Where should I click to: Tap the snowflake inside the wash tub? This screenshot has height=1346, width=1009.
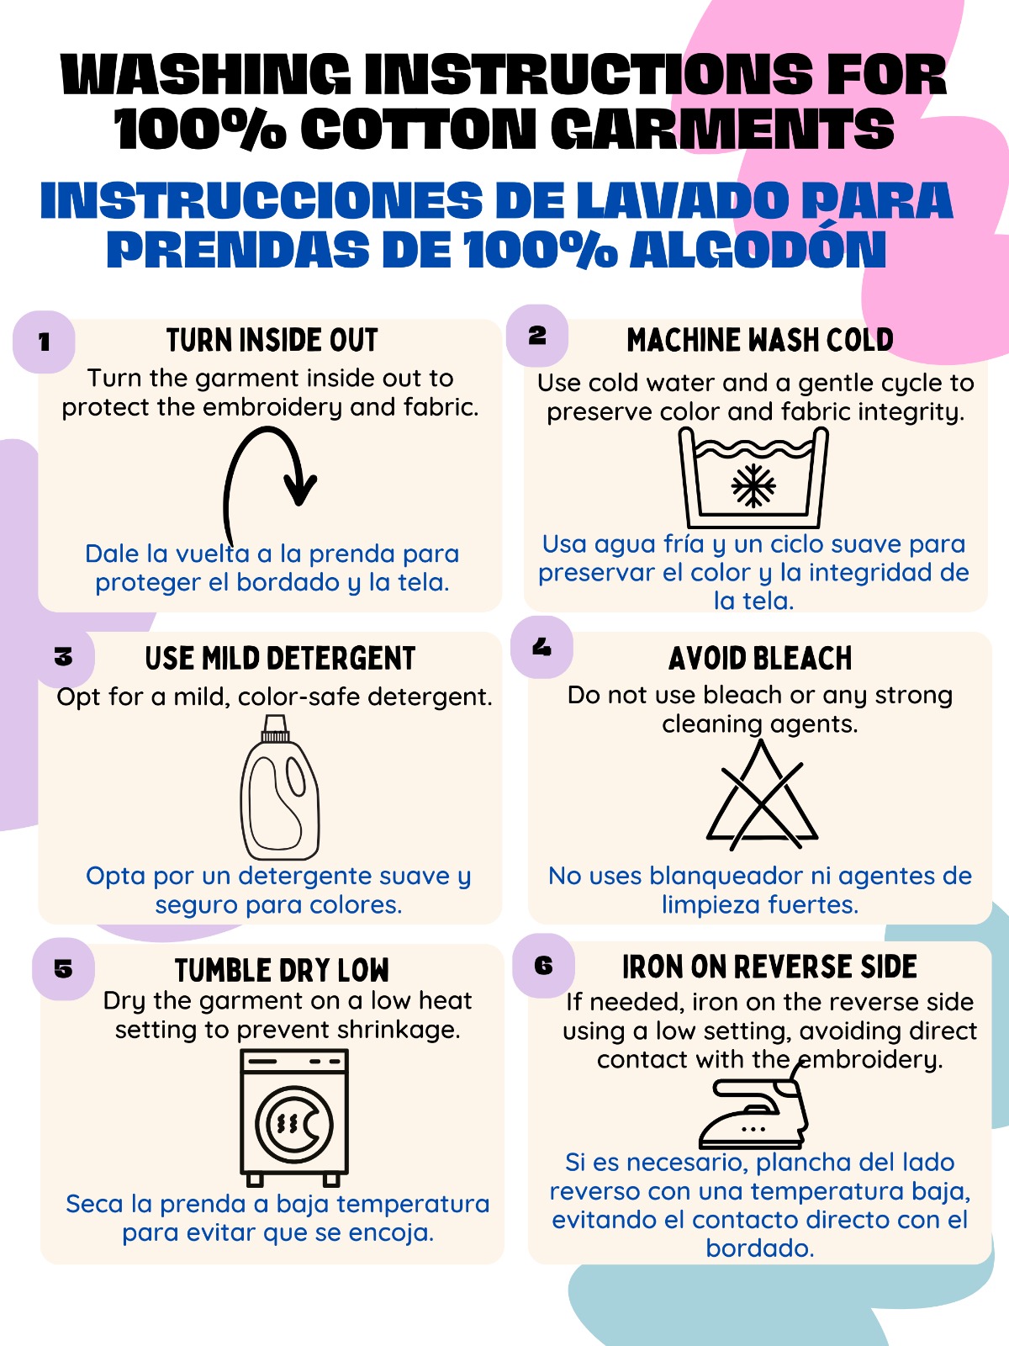[x=753, y=485]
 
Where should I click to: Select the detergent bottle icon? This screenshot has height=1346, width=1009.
[x=280, y=787]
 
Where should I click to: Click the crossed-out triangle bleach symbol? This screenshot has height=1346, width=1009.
[x=762, y=795]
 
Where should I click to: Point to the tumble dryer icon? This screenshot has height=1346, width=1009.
[x=294, y=1118]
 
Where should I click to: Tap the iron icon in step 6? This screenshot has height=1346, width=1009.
[x=753, y=1112]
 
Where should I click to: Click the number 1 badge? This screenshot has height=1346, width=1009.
[x=44, y=342]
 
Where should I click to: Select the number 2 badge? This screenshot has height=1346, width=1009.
[x=537, y=336]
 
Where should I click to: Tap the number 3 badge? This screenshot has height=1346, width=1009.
[x=63, y=657]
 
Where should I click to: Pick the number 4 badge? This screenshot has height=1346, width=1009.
[x=541, y=647]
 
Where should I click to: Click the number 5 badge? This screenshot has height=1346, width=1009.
[x=63, y=969]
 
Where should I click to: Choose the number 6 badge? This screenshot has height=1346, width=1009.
[x=543, y=965]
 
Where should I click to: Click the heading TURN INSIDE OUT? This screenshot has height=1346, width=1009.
[x=272, y=341]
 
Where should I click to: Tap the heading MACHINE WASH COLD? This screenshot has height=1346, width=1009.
[x=759, y=340]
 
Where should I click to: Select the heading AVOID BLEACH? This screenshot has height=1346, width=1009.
[x=760, y=659]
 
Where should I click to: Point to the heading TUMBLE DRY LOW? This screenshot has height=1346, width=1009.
[x=282, y=971]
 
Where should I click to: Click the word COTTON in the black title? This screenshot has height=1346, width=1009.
[x=418, y=129]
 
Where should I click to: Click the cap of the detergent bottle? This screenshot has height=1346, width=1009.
[x=275, y=729]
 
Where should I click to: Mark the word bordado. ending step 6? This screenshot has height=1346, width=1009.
[x=759, y=1248]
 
